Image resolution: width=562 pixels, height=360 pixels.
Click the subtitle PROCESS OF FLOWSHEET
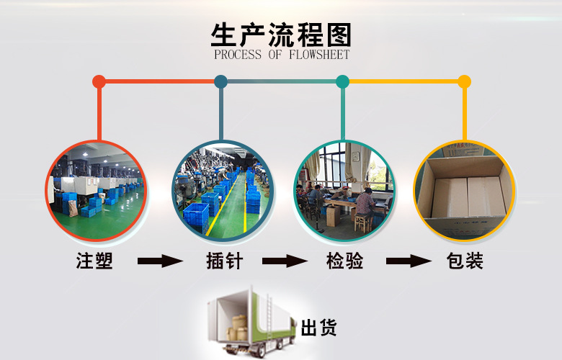tap(281, 55)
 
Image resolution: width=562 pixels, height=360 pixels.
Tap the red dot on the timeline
tap(99, 81)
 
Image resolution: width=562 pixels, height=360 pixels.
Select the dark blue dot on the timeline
tap(221, 81)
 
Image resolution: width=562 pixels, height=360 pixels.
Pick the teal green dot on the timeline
tap(342, 81)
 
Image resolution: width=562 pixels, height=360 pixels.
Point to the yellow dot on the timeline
tap(464, 81)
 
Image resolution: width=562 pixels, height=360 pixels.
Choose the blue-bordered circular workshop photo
tap(221, 190)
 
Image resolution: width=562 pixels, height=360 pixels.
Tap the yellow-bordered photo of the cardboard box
tap(464, 190)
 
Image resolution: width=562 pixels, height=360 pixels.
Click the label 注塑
tap(94, 261)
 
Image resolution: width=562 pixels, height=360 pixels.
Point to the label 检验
tap(344, 261)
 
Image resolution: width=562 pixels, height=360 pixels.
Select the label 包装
tap(464, 261)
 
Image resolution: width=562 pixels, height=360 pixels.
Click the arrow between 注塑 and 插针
tap(160, 261)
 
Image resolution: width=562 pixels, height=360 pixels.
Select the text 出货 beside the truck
tap(318, 329)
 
